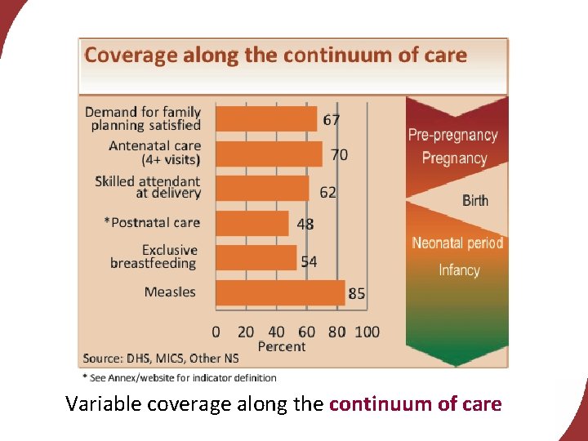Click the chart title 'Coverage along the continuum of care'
(x=275, y=56)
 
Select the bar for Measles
(x=279, y=292)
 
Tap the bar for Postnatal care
(x=252, y=223)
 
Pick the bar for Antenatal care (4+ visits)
(x=269, y=154)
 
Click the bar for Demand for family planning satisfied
(x=266, y=119)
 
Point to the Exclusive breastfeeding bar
(x=256, y=257)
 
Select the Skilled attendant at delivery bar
(x=262, y=188)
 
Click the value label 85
(x=357, y=294)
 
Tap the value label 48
(x=305, y=225)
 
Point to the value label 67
(x=332, y=120)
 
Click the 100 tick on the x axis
(x=367, y=332)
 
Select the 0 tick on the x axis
(x=216, y=332)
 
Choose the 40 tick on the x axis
(x=277, y=332)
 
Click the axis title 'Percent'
(x=282, y=347)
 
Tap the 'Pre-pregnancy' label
(x=452, y=135)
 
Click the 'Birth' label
(x=475, y=200)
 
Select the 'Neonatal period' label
(x=457, y=243)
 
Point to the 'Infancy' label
(x=459, y=270)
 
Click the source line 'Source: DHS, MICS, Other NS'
(x=161, y=359)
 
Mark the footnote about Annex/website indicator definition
(x=180, y=377)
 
